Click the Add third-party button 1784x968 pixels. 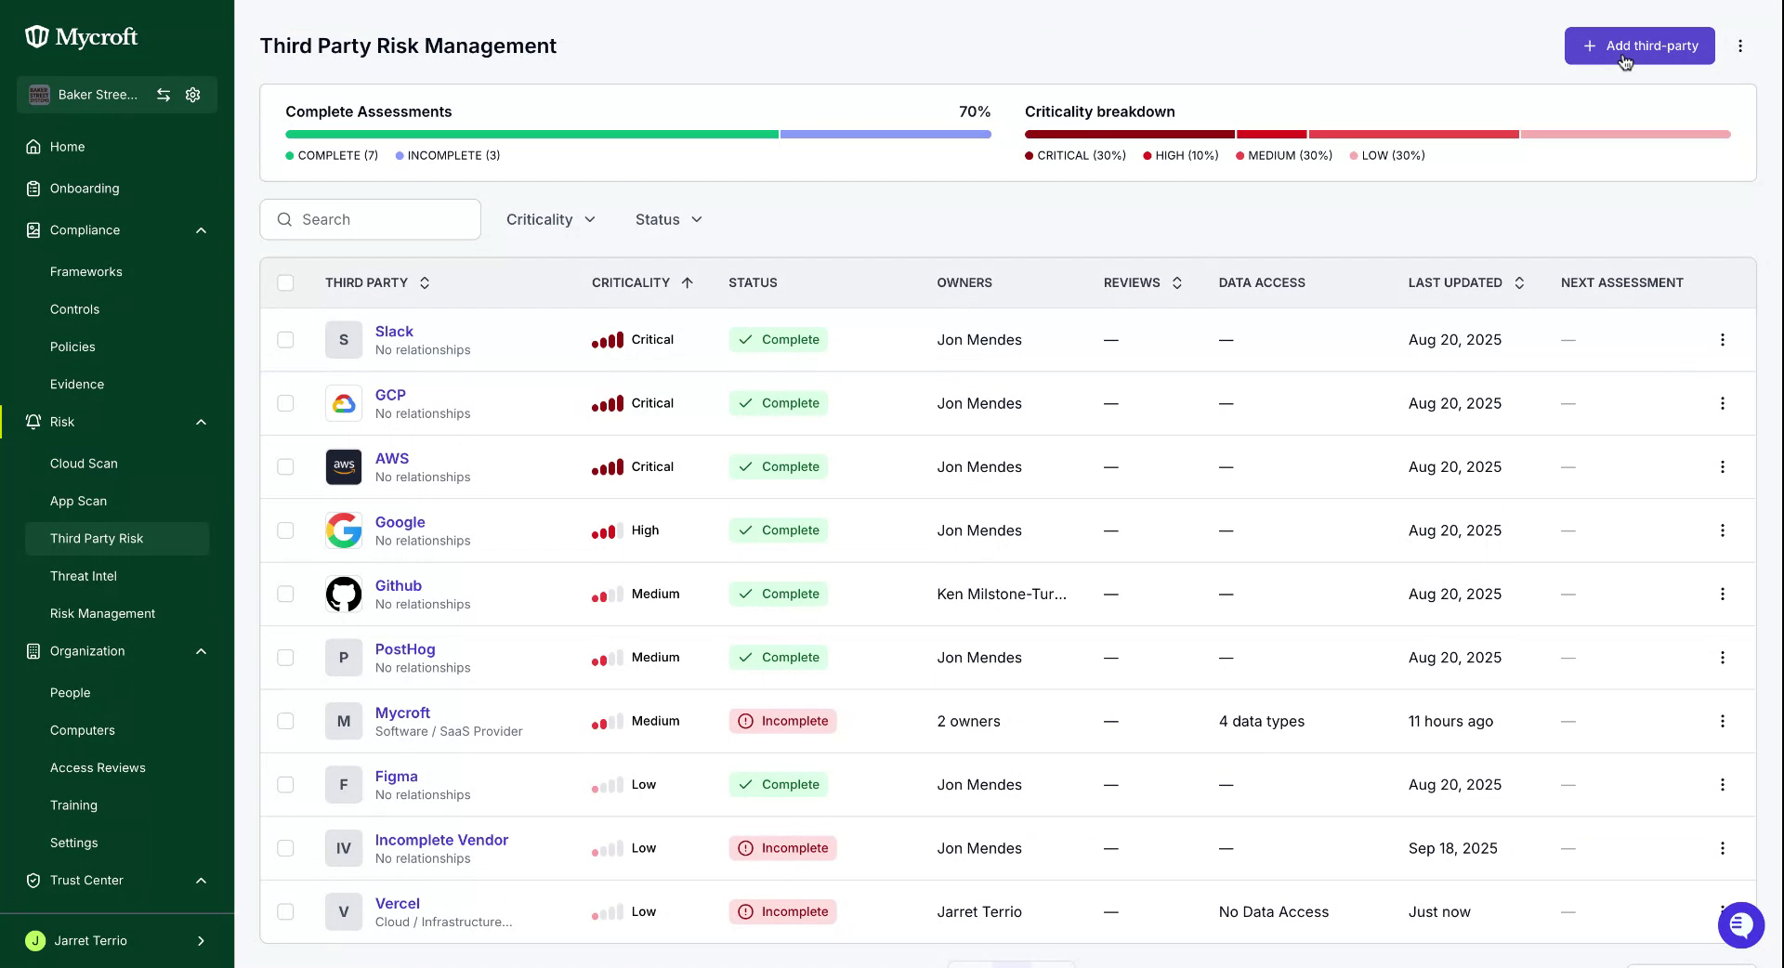coord(1639,46)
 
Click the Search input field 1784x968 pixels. coord(370,219)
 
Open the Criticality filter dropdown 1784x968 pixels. coord(551,219)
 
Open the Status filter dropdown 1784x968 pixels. coord(669,219)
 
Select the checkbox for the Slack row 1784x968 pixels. coord(285,340)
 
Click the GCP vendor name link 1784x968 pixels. coord(390,395)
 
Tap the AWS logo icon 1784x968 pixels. coord(344,466)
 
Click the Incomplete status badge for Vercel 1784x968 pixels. coord(782,911)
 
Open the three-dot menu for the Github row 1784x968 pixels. coord(1722,594)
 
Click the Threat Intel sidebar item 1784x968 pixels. coord(84,576)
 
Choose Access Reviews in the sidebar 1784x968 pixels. coord(98,767)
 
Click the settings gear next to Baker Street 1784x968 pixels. coord(193,95)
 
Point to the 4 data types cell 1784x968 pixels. coord(1262,721)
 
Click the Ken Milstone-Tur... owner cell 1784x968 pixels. coord(1002,594)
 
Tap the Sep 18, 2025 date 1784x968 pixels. coord(1453,848)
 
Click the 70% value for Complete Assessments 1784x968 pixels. coord(975,111)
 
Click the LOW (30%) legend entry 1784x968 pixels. coord(1387,155)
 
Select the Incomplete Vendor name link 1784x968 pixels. coord(441,840)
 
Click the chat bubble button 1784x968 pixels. coord(1740,925)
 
